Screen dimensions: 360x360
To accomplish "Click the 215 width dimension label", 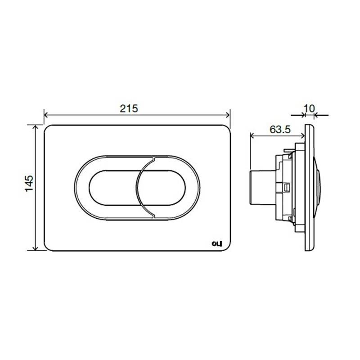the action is [129, 108].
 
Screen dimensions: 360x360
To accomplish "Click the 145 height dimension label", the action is [29, 184].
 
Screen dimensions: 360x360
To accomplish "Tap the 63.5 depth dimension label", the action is [280, 130].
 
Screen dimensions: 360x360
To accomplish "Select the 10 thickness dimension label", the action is [309, 108].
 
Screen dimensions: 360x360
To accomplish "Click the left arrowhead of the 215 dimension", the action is [46, 115].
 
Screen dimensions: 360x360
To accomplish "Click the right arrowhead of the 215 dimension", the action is [228, 115].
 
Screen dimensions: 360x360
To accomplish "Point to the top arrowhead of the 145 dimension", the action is [35, 127].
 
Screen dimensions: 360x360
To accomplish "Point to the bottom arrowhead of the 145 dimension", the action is [35, 248].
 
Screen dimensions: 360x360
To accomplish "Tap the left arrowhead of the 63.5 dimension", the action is [252, 136].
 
